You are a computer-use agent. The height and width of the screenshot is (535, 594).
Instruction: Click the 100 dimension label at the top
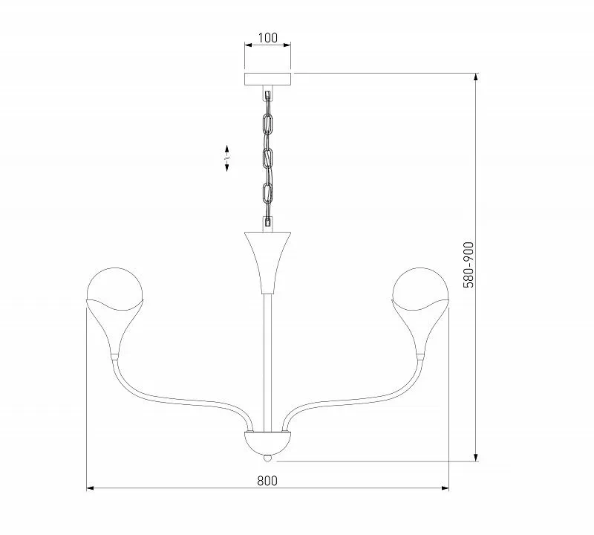click(267, 38)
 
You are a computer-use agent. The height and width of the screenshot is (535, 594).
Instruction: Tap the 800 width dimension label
click(267, 481)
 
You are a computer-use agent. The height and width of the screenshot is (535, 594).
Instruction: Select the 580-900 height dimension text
click(469, 265)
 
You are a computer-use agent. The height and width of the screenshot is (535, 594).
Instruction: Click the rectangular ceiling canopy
click(268, 79)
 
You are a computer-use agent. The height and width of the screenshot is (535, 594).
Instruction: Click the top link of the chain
click(268, 123)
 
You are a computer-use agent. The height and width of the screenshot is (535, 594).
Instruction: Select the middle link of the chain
click(268, 158)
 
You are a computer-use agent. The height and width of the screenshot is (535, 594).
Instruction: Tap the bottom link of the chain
click(268, 192)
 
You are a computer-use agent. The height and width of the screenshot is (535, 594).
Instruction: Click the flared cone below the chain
click(268, 262)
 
